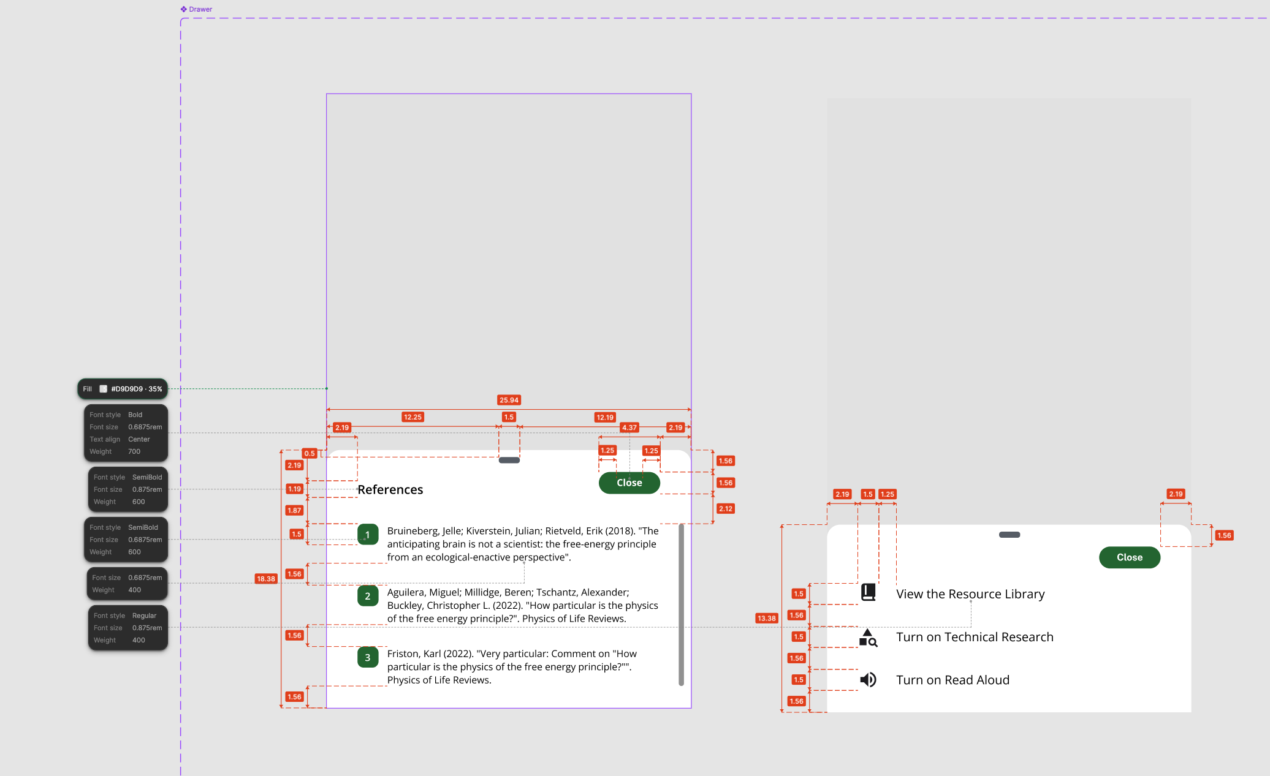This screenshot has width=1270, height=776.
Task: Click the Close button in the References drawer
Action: click(629, 483)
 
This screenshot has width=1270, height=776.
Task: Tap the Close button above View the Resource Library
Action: click(1129, 557)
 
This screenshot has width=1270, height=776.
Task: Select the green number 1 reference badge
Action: click(368, 535)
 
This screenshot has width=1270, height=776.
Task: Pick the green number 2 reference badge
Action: click(368, 596)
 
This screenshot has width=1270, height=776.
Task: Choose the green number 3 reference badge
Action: click(368, 657)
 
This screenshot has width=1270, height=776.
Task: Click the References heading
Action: click(390, 489)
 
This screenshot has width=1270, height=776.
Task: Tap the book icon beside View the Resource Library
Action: click(868, 592)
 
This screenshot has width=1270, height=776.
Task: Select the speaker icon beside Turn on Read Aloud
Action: click(868, 680)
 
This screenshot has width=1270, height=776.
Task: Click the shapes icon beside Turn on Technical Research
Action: click(868, 638)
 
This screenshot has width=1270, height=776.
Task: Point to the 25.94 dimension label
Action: click(509, 400)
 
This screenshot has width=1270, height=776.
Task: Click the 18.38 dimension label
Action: click(266, 579)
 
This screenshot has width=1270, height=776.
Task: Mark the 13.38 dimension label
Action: click(766, 619)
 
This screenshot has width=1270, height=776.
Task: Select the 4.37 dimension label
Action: click(629, 428)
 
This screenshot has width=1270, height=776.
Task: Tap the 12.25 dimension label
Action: click(413, 417)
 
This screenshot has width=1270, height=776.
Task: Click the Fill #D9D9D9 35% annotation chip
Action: click(123, 389)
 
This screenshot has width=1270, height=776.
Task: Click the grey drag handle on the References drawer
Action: click(509, 460)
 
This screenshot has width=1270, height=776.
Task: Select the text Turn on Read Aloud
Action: click(953, 680)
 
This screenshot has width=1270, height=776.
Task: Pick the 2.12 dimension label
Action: click(725, 509)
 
